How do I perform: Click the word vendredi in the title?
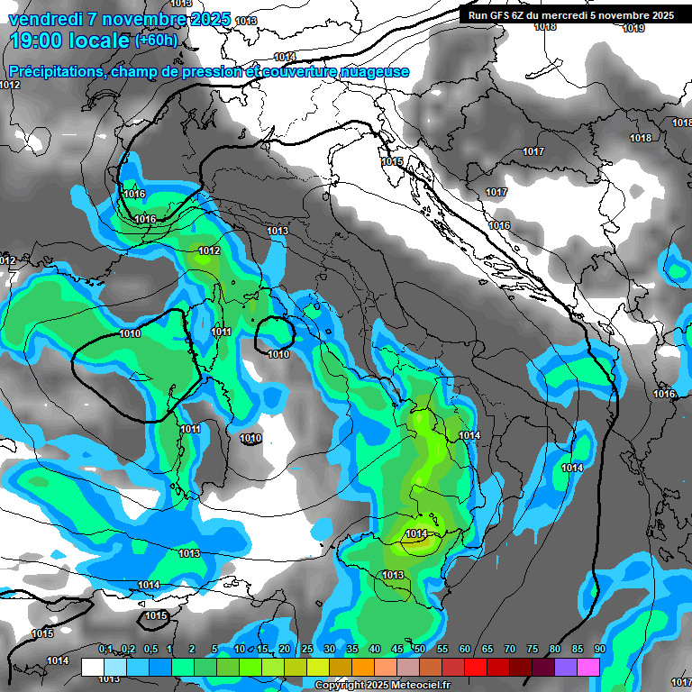pos(45,18)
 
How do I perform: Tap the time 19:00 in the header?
pos(38,41)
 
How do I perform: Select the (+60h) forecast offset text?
pos(156,41)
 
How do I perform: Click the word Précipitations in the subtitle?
pos(56,72)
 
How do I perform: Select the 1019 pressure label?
pos(633,28)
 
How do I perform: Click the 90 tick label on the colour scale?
pos(599,649)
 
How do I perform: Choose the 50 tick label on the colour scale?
pos(420,649)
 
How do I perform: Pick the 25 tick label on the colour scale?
pos(307,649)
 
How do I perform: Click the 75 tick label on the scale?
pos(533,649)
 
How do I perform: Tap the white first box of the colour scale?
pos(93,667)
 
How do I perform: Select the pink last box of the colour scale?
pos(588,667)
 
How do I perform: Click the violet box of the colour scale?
pos(566,667)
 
